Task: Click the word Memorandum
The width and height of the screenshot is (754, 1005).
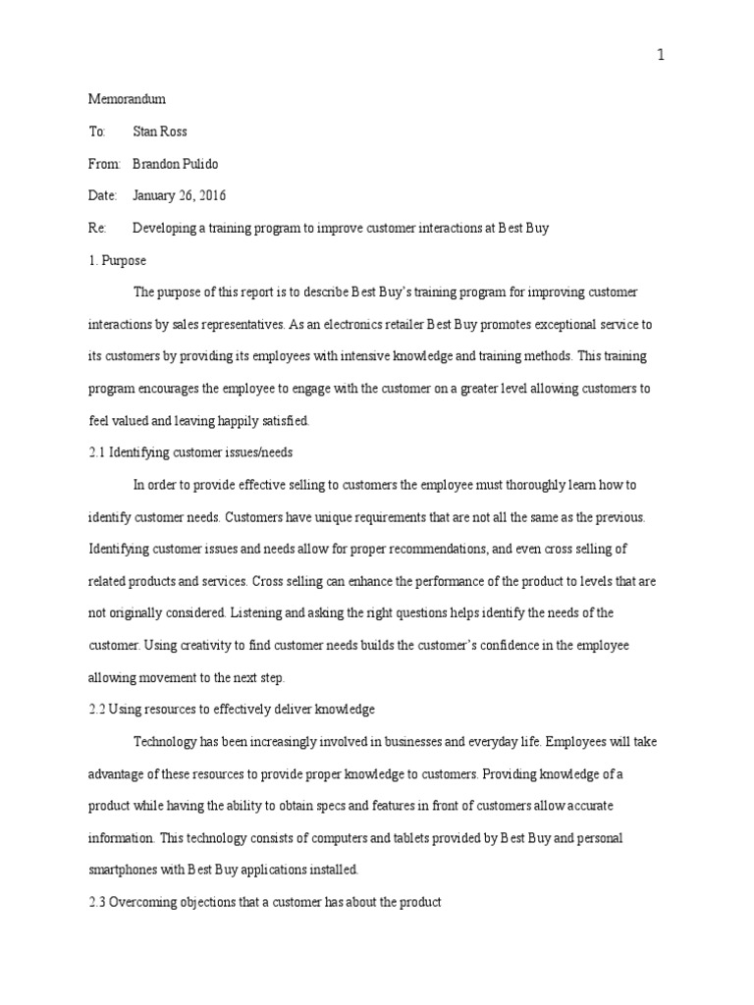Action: tap(128, 99)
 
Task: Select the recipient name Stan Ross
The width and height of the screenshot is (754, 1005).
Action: tap(160, 132)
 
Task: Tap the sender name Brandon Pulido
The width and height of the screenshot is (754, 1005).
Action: tap(179, 163)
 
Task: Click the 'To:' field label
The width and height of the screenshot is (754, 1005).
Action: tap(96, 132)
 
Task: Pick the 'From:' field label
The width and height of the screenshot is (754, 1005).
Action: tap(103, 163)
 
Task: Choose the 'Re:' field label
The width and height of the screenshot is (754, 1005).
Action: tap(96, 228)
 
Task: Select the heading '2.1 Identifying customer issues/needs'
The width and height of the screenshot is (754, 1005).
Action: tap(190, 452)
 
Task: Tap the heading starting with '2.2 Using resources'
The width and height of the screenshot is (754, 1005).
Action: tap(232, 709)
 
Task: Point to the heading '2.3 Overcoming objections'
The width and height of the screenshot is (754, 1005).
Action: tap(264, 901)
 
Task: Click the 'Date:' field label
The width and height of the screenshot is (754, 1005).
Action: tap(102, 195)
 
